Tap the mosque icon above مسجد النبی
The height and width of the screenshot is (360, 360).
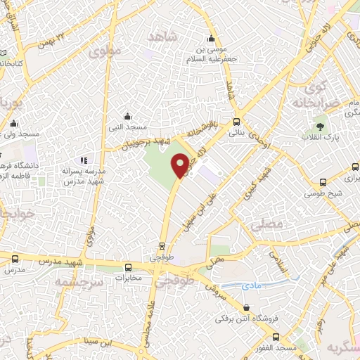coord(127,116)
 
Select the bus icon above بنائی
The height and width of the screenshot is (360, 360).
coord(238,121)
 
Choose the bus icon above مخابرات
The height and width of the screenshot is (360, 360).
coord(128,267)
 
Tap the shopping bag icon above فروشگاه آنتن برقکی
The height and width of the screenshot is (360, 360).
coord(246,308)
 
